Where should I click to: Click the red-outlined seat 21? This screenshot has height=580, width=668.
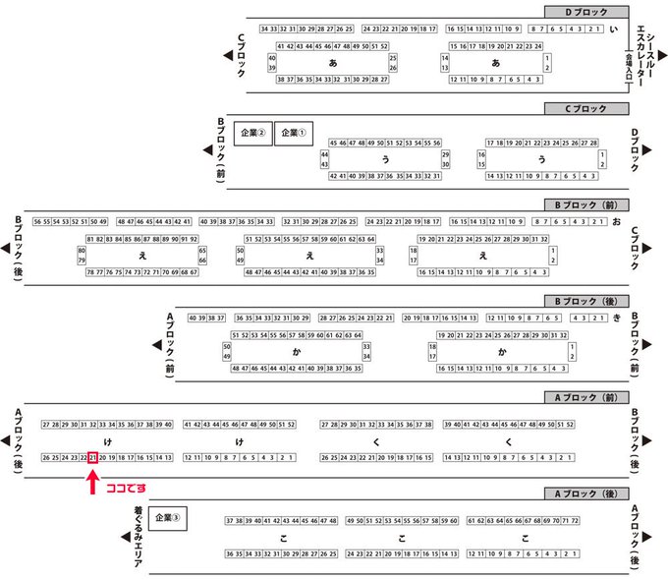92,457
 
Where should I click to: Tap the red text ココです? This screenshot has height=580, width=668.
125,486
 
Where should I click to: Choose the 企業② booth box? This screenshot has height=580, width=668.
251,132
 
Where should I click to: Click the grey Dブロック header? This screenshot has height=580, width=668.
585,11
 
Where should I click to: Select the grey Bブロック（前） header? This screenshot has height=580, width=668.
585,204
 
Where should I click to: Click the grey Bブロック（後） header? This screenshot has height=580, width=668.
585,300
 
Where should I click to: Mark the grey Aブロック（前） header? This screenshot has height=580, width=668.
585,396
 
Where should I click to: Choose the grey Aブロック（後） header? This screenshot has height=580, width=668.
585,493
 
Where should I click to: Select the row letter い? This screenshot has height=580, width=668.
614,29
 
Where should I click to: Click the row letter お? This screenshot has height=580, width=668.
616,221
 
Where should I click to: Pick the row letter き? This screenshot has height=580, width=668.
616,318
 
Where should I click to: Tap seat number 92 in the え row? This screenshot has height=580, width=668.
194,239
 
